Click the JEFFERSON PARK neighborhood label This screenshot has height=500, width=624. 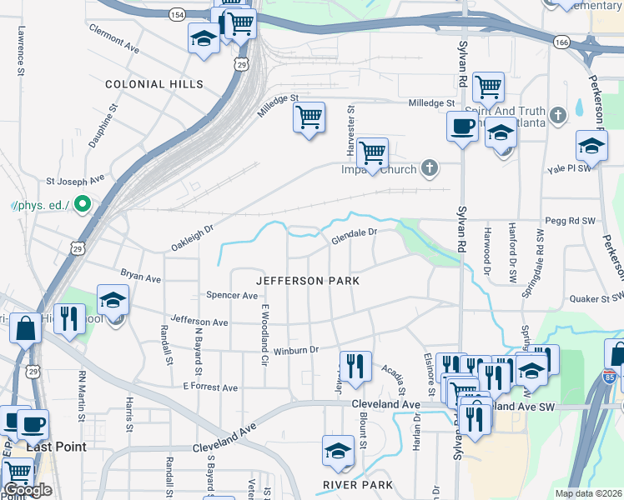308,281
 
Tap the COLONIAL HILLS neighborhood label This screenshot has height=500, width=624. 153,84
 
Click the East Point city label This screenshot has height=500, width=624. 56,447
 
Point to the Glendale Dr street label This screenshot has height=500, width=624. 355,237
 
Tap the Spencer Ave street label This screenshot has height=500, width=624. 232,295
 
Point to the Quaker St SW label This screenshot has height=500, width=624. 596,297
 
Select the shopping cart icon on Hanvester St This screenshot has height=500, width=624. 372,153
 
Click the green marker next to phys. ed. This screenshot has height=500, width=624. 82,203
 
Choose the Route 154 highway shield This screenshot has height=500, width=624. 176,14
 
